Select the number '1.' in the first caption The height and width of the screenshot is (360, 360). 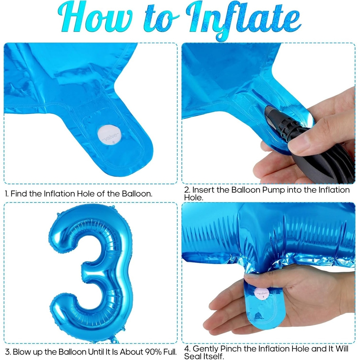tap(7, 194)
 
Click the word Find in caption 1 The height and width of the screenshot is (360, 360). tap(19, 194)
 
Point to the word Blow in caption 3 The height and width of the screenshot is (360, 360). tap(21, 352)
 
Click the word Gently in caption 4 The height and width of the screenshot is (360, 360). tap(205, 349)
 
